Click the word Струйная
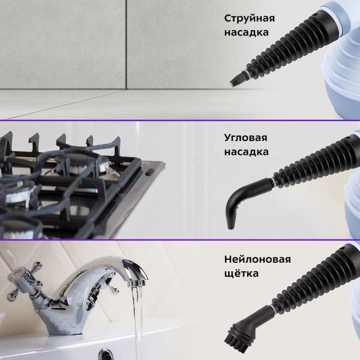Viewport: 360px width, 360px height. (x=250, y=19)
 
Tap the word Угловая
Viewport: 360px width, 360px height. (x=245, y=138)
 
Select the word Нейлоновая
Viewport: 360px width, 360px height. (x=257, y=259)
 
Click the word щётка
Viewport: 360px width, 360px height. (x=241, y=273)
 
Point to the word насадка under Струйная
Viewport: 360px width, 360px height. (x=247, y=32)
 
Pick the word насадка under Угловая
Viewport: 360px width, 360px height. (x=247, y=152)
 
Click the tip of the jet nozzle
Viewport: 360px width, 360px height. (x=233, y=83)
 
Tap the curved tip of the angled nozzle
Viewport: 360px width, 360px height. (x=230, y=226)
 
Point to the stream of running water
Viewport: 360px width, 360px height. (x=138, y=322)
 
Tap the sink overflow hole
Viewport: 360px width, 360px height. (x=106, y=354)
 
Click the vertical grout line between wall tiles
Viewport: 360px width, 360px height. (x=126, y=45)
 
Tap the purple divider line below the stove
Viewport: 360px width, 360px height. (x=180, y=239)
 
